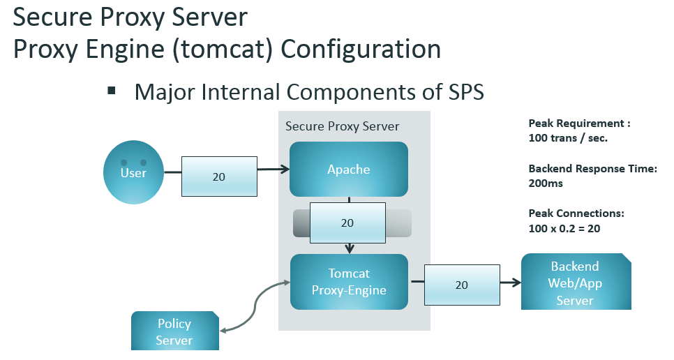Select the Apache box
(x=348, y=169)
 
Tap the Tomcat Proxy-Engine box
(x=348, y=282)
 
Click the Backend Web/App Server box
(x=575, y=283)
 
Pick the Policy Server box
(x=174, y=331)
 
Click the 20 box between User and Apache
(x=219, y=177)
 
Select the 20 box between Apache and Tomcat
(x=347, y=223)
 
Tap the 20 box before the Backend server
(x=461, y=285)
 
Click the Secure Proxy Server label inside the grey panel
(x=342, y=126)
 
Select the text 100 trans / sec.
(x=568, y=138)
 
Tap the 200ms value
(x=546, y=183)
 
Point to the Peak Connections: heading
(x=576, y=213)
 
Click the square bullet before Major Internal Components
(x=110, y=91)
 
